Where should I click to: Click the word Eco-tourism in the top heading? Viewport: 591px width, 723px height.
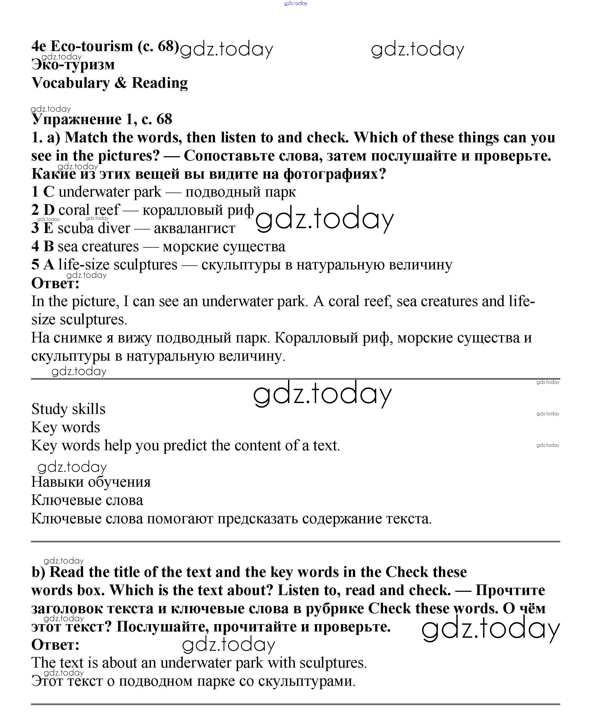click(91, 46)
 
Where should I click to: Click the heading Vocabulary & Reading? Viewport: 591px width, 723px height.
click(109, 83)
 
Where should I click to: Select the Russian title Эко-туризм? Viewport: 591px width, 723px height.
click(73, 64)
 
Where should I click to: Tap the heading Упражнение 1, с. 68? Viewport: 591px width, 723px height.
click(102, 119)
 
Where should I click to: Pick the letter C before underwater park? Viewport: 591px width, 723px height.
click(49, 192)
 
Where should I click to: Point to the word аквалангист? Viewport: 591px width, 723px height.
click(194, 228)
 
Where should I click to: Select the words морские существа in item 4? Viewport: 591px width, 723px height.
click(224, 247)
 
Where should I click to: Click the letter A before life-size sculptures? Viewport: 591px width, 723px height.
click(49, 265)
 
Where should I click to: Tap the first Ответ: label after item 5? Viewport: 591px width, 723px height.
click(55, 283)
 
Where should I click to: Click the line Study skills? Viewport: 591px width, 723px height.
click(68, 409)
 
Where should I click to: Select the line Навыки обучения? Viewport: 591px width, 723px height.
click(91, 482)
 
